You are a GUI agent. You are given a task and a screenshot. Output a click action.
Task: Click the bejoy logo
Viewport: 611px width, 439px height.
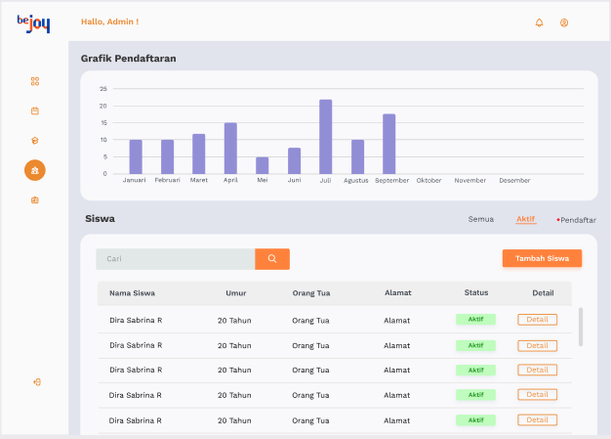click(33, 23)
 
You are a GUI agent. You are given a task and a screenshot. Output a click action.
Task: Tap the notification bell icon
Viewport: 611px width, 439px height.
click(539, 22)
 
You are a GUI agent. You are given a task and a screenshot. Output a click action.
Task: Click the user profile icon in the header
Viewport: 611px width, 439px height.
click(564, 23)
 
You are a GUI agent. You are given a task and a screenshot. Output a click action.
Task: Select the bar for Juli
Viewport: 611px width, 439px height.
click(325, 137)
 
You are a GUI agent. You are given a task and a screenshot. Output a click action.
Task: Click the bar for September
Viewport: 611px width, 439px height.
click(388, 144)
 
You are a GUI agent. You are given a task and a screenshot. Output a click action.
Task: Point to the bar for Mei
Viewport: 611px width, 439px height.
click(263, 165)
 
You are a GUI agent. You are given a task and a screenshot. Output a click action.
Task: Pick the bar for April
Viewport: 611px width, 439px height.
click(230, 149)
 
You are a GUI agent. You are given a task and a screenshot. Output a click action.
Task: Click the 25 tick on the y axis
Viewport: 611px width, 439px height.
click(102, 89)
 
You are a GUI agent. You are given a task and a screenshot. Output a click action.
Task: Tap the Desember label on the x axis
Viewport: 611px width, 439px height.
click(514, 180)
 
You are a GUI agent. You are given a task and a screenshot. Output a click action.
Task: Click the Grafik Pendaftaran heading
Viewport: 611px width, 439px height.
click(128, 59)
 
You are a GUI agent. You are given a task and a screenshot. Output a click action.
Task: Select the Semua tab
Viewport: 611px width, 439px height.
click(481, 219)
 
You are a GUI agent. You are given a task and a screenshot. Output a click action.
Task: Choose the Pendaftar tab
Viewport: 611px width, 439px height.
click(576, 220)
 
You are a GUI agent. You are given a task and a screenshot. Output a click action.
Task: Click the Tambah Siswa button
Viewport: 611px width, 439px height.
click(542, 258)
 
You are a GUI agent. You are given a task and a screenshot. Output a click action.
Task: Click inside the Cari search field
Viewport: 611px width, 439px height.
click(176, 259)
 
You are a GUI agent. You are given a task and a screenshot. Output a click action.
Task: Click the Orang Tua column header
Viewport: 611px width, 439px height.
click(311, 293)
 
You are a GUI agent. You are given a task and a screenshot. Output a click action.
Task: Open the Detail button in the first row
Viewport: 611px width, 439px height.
click(538, 320)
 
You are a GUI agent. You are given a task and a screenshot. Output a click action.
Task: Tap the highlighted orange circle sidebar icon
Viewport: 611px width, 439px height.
click(35, 170)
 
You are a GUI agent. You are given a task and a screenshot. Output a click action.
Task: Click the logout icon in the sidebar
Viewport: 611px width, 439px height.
click(37, 382)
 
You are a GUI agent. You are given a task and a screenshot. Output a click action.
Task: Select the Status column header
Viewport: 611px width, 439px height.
click(476, 292)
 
